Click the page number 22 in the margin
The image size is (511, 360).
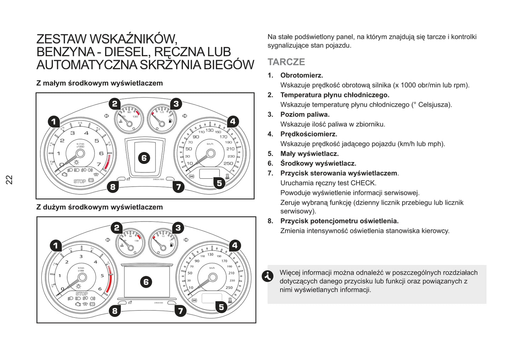(9, 179)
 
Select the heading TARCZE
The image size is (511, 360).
(286, 62)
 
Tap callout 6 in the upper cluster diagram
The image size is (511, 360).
(144, 158)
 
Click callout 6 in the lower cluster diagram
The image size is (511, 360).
(146, 282)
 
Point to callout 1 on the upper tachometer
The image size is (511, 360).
(54, 122)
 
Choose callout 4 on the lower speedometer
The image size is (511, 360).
(235, 245)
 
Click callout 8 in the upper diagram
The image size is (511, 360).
(113, 187)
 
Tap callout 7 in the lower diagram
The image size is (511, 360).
(180, 311)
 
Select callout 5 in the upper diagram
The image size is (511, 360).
(219, 183)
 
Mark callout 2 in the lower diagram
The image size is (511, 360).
(117, 228)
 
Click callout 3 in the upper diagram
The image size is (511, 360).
(176, 104)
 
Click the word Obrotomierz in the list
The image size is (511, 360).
(301, 75)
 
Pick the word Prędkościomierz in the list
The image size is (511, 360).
(308, 134)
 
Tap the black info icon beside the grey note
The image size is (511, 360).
(267, 276)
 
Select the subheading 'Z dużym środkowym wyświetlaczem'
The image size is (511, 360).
(100, 207)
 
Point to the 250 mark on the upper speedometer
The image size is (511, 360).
(228, 163)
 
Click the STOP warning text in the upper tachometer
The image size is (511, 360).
(80, 181)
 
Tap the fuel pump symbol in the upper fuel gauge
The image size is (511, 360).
(171, 121)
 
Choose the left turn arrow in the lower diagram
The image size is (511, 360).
(108, 240)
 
